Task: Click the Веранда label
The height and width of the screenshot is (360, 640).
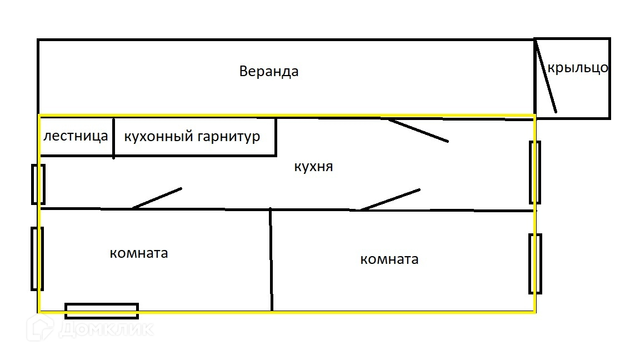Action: coord(269,72)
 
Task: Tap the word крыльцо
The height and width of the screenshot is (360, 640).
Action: coord(578,68)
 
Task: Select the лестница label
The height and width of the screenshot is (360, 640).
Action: coord(76,136)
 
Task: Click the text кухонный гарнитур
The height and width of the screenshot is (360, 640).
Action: coord(192,136)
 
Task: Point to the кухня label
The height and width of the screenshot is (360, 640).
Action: coord(313,167)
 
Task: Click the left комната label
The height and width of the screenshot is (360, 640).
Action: coord(139,253)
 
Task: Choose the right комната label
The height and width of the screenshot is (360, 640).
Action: coord(389,259)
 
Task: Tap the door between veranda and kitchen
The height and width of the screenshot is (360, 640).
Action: coord(418,131)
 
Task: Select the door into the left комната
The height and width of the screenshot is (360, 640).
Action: coord(157,198)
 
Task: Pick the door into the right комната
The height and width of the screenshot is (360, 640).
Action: coord(390,199)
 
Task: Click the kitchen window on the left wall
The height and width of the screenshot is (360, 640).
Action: coord(38,184)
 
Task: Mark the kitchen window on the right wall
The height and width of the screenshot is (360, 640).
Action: coord(535,172)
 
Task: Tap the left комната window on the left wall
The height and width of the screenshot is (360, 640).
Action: coord(37,259)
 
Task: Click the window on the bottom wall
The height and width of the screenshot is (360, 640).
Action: coord(102,311)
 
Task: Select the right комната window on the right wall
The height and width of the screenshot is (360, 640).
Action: coord(535,264)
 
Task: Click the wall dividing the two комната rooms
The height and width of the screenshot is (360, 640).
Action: coord(271,259)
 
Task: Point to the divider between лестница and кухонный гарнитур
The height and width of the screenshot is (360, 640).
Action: coord(114,138)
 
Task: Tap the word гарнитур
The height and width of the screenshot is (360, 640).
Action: coord(229,136)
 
